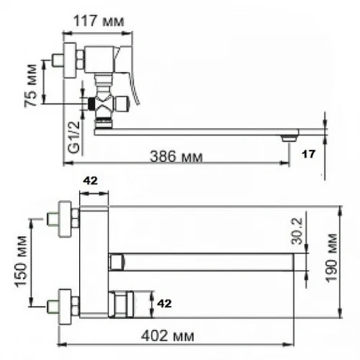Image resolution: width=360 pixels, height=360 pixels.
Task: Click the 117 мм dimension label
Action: (x=99, y=21)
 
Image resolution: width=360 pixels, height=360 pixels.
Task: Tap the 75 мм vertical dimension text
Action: (x=32, y=85)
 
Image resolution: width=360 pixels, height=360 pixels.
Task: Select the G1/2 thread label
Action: (x=74, y=137)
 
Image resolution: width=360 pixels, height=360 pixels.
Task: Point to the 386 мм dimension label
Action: (x=176, y=157)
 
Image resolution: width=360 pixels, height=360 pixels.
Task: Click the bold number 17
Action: (x=308, y=154)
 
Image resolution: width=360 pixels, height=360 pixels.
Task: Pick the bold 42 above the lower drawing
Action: (x=91, y=181)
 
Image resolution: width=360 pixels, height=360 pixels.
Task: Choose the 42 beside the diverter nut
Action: (x=164, y=304)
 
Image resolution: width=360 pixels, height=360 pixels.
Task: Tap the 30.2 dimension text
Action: (x=297, y=231)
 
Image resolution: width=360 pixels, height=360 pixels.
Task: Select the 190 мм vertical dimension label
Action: (x=331, y=258)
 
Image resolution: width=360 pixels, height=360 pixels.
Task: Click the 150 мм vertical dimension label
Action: (x=21, y=261)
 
